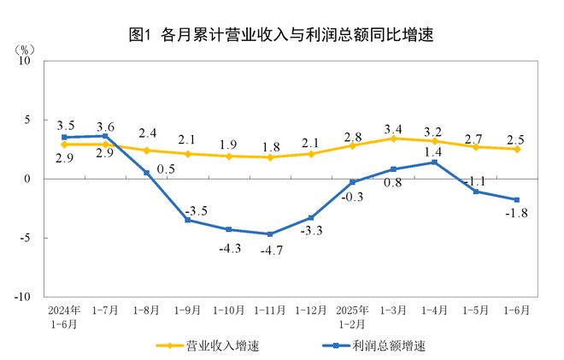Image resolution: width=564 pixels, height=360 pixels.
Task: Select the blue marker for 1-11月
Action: [x=270, y=234]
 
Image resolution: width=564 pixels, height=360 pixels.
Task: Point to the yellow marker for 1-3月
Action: [x=393, y=139]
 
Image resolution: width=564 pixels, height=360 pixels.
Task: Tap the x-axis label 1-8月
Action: [x=147, y=309]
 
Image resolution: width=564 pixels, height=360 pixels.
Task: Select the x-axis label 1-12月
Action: [x=311, y=309]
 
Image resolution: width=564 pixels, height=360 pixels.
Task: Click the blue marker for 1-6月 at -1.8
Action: [x=516, y=200]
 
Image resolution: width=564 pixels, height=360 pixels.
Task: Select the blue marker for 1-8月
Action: [x=147, y=173]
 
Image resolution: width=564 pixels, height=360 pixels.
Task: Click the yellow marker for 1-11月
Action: [x=270, y=157]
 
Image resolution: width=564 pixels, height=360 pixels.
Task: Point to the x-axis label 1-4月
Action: [x=434, y=309]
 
